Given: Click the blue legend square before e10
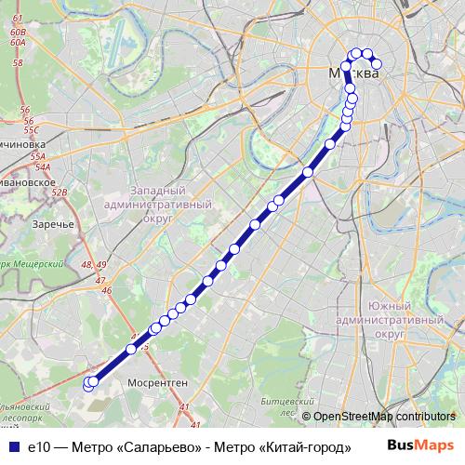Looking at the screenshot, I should tap(12, 446).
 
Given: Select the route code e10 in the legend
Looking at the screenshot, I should tap(38, 446).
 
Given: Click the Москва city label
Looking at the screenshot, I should tap(354, 73).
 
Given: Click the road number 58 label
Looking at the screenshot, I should tap(19, 63).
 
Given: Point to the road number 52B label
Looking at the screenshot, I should tap(60, 193).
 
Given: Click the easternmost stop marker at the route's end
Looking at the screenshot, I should tap(377, 64).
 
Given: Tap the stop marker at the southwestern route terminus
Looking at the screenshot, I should tap(89, 382).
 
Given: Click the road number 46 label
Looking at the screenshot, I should tap(106, 291).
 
